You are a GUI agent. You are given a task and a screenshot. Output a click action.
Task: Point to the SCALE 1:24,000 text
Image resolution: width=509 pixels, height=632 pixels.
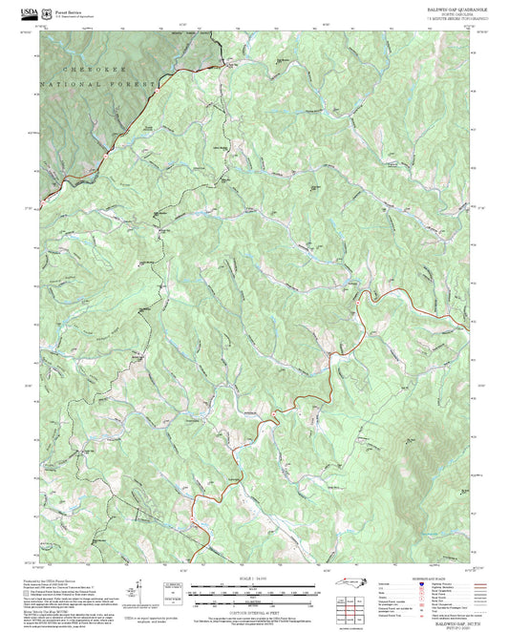[254, 580]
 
